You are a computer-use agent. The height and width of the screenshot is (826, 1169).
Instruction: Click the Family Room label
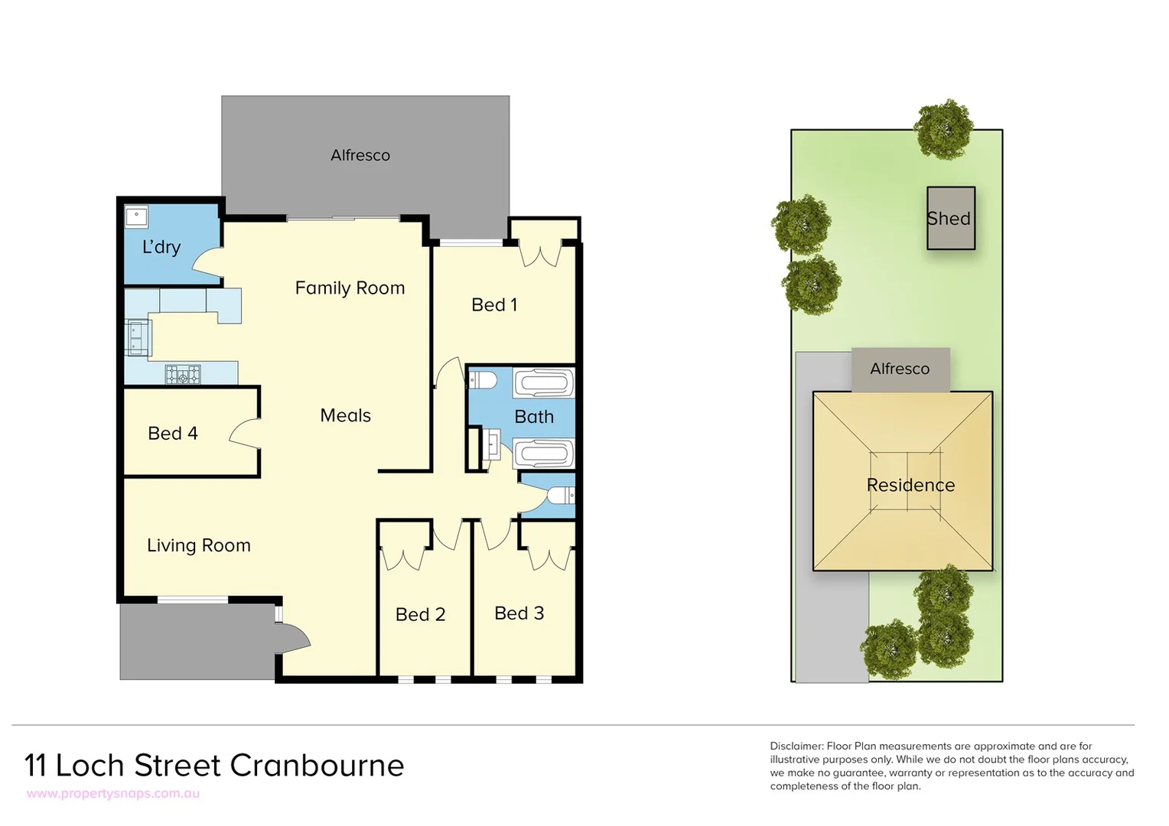(350, 288)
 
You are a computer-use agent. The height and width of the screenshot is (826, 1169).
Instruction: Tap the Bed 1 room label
(494, 305)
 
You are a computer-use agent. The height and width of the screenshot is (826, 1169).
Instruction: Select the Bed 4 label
(172, 434)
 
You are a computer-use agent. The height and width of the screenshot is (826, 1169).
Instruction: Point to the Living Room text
(198, 545)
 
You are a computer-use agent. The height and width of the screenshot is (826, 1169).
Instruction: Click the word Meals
(345, 415)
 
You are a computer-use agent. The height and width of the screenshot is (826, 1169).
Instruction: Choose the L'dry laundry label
(161, 247)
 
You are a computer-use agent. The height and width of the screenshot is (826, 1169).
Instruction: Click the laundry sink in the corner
(137, 216)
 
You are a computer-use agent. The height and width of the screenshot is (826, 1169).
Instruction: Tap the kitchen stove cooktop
(183, 375)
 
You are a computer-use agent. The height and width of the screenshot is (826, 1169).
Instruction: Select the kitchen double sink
(138, 338)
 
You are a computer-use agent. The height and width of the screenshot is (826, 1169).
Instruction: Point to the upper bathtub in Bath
(543, 383)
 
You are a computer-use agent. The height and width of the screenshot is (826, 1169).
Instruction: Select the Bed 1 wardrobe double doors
(540, 254)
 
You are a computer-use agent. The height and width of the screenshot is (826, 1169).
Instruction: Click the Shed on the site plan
(950, 219)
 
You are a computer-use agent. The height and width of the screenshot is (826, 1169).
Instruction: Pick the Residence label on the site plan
(910, 485)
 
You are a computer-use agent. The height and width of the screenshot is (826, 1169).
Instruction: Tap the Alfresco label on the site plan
(900, 369)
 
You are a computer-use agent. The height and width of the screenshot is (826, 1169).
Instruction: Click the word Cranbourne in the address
(317, 766)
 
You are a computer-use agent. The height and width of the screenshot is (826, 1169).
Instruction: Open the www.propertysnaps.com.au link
(113, 794)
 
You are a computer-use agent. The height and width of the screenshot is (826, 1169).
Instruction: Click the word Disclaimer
(796, 746)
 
